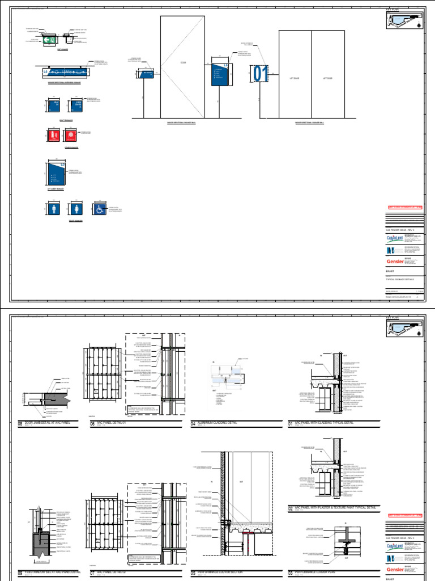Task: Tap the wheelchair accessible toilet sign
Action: [100, 209]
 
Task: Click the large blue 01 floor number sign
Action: [261, 74]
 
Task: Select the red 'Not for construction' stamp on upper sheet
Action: [404, 208]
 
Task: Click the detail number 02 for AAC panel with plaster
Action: [291, 508]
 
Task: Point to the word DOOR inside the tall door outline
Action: [183, 62]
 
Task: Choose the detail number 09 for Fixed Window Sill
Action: [22, 573]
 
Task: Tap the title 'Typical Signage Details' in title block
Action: [400, 280]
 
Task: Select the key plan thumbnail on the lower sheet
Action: [404, 329]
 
